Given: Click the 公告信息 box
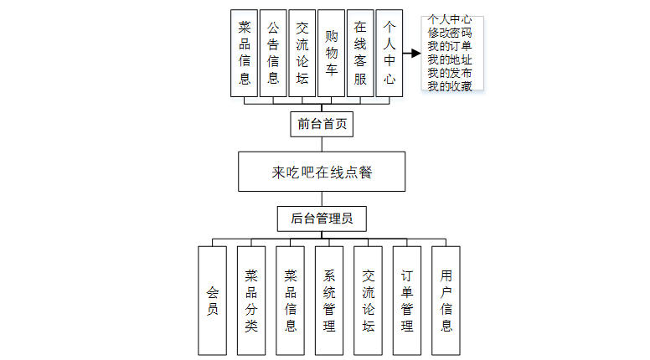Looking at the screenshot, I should click(273, 53).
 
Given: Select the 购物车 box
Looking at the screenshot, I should click(331, 53).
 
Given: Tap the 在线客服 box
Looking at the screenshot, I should click(360, 53).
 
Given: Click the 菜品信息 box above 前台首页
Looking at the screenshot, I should click(245, 53).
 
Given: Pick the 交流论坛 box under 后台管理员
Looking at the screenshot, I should click(368, 299).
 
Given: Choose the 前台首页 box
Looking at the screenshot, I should click(322, 124).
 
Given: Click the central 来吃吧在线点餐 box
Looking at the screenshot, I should click(322, 172).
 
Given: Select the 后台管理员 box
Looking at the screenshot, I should click(322, 219).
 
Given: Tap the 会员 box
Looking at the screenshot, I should click(212, 299).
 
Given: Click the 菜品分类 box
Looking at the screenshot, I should click(251, 299).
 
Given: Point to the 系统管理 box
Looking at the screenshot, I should click(329, 299).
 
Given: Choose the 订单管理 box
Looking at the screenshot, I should click(407, 299).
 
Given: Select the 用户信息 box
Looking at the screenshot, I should click(446, 299).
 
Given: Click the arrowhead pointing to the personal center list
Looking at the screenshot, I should click(415, 54).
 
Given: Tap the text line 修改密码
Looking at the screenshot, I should click(449, 31).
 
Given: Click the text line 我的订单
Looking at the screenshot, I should click(449, 45).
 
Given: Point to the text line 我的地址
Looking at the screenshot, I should click(449, 59).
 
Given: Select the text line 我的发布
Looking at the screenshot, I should click(449, 73).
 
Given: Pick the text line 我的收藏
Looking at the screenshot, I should click(449, 85).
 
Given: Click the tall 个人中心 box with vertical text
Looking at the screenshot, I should click(389, 53).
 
